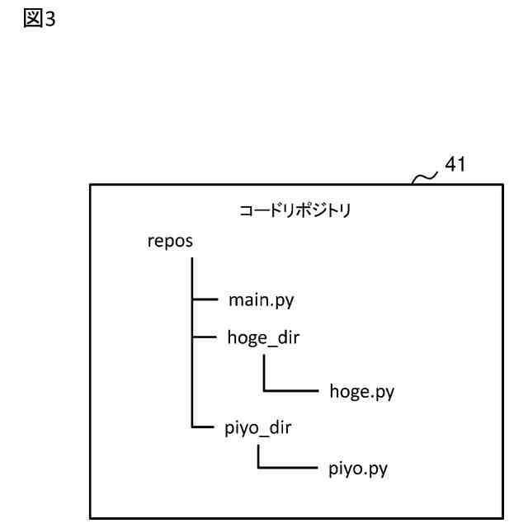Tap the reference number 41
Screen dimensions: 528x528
455,164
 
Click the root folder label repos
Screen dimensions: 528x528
170,242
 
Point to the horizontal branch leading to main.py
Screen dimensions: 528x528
204,300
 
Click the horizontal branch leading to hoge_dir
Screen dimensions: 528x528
204,338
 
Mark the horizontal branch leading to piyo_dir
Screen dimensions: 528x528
204,428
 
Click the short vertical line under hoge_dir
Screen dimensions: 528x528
264,373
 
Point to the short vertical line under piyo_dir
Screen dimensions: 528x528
258,456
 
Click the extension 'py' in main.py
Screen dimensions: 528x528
285,301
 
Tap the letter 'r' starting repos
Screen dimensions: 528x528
149,243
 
